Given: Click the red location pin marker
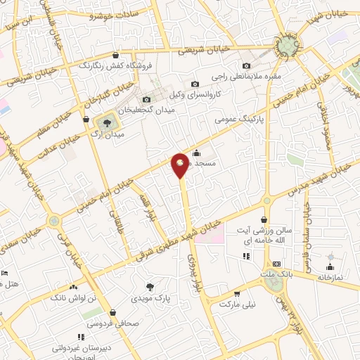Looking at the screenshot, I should [181, 165].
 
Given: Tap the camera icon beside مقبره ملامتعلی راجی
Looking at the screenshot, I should [245, 66].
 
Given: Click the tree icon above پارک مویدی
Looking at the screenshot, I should [149, 286].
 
